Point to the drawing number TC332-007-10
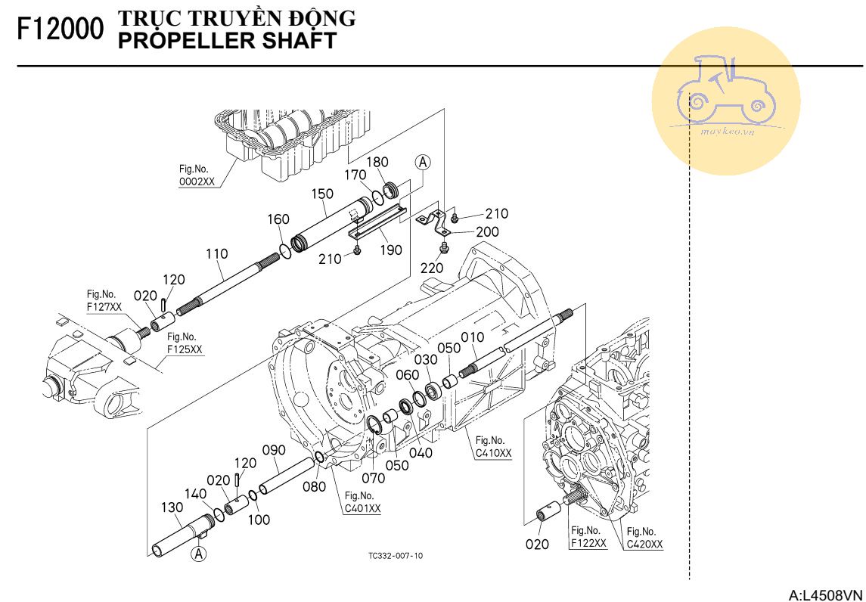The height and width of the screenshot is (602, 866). (x=396, y=556)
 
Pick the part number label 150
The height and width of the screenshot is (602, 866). (x=323, y=194)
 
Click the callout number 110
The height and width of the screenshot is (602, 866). (x=217, y=254)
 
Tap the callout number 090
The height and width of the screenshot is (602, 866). (x=274, y=450)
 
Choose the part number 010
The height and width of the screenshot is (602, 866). (x=472, y=336)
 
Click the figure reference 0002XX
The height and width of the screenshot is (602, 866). (x=197, y=182)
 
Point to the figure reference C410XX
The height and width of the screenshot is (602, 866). (x=494, y=453)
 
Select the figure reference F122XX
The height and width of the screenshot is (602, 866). (x=588, y=543)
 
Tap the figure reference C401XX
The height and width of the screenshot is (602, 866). (x=362, y=508)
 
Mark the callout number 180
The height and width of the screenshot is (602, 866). (x=377, y=162)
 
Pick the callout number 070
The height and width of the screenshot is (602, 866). (x=373, y=477)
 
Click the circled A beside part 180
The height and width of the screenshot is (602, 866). (x=423, y=162)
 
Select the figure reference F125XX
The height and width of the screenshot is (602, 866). (x=185, y=349)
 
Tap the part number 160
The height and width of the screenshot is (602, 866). (x=278, y=219)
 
